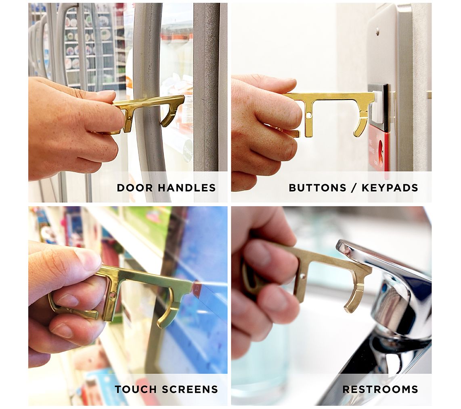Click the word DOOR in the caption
[x=134, y=188]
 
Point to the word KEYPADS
[x=390, y=188]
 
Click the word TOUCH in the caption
[x=135, y=389]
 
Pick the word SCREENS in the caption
[x=190, y=389]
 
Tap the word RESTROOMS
[x=380, y=389]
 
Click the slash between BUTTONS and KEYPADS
[x=354, y=188]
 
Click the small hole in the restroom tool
[x=302, y=276]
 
